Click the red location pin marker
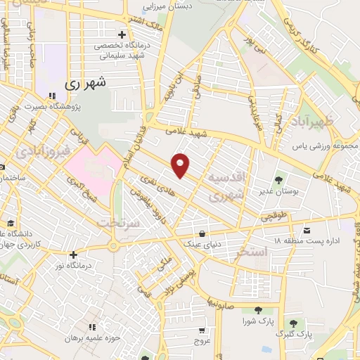coord(181,165)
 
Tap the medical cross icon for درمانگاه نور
coord(73,255)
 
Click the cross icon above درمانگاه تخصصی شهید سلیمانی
coord(122,34)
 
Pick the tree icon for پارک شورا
coord(257,310)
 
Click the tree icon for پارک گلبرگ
coord(294,323)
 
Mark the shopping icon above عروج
coord(202,330)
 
